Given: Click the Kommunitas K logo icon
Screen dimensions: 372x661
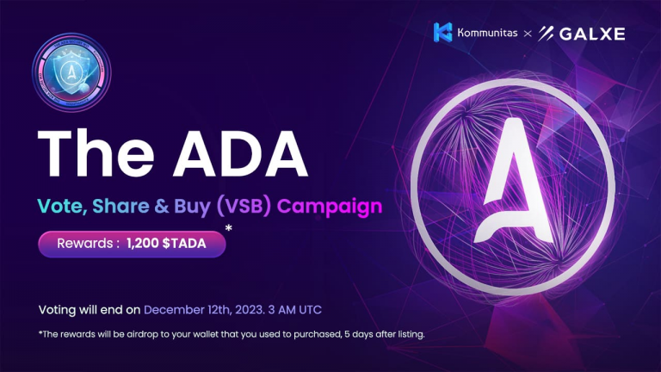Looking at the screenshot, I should [443, 33].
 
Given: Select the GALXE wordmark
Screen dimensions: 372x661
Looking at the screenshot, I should [595, 34].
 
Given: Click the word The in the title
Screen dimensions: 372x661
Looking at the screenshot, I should [93, 155].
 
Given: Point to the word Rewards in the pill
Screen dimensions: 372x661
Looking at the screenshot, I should [81, 245].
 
